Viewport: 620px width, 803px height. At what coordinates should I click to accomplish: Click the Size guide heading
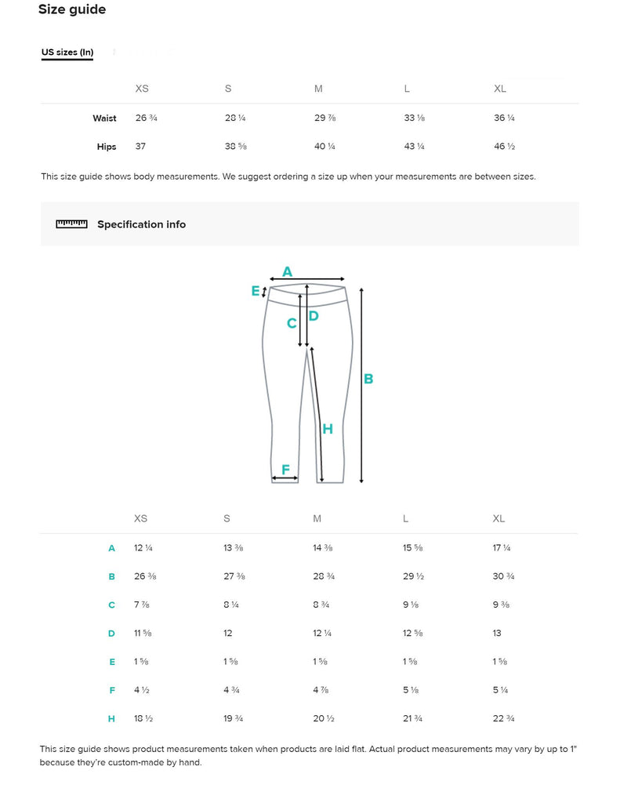pos(72,10)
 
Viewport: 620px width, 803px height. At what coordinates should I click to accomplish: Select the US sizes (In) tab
pos(67,53)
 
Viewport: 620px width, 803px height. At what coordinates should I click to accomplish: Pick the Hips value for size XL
pos(505,147)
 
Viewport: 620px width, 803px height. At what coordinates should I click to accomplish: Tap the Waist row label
pos(104,118)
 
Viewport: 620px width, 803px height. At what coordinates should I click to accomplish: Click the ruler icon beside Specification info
pos(71,224)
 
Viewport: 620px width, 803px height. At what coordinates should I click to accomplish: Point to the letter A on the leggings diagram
pos(287,271)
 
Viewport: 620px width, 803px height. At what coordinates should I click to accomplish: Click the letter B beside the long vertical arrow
pos(368,379)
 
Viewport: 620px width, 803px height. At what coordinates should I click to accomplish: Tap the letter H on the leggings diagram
pos(328,429)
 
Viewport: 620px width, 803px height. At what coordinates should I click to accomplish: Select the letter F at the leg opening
pos(286,470)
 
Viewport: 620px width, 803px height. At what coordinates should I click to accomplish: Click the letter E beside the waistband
pos(256,291)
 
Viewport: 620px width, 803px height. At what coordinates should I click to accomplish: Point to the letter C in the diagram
pos(292,323)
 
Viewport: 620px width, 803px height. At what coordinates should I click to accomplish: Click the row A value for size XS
pos(143,548)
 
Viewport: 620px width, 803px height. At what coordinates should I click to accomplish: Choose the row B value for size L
pos(414,576)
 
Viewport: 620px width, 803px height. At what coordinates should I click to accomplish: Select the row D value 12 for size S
pos(228,633)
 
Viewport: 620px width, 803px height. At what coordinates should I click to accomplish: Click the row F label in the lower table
pos(112,690)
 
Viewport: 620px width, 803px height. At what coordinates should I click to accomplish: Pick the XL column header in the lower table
pos(499,518)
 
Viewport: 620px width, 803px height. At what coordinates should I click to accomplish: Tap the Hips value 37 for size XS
pos(141,147)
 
